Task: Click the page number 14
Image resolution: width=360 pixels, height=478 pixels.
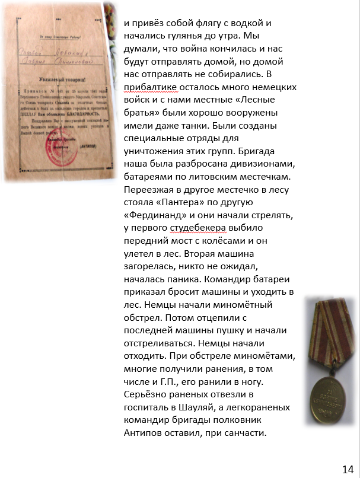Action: (348, 469)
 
